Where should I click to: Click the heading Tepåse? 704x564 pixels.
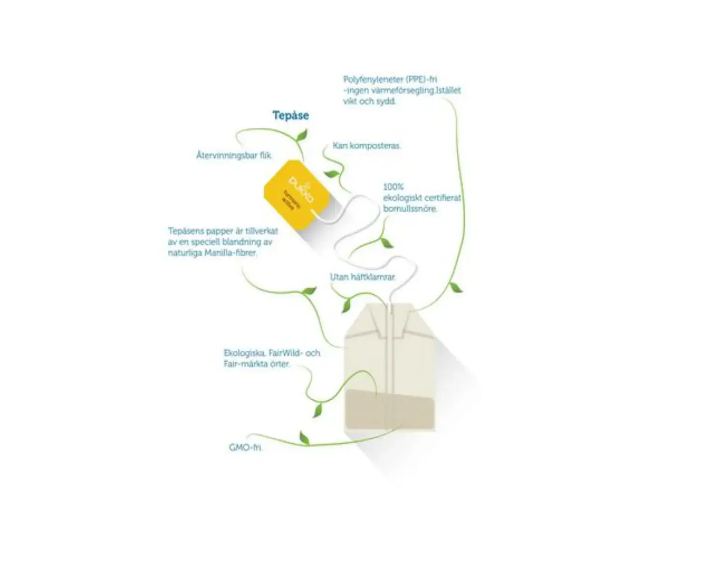[x=290, y=115]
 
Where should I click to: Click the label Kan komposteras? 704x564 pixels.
[x=366, y=146]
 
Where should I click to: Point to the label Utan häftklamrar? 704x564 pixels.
[x=363, y=277]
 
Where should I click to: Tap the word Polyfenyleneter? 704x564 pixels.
[x=370, y=80]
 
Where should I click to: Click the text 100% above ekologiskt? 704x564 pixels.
[x=393, y=187]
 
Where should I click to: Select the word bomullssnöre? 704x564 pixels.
[x=410, y=209]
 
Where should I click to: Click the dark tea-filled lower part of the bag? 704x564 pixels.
[x=391, y=411]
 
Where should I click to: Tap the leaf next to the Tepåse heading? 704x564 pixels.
[x=302, y=136]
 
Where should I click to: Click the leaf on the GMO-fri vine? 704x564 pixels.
[x=304, y=439]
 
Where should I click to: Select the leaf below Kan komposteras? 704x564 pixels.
[x=332, y=174]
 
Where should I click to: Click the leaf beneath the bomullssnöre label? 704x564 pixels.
[x=386, y=242]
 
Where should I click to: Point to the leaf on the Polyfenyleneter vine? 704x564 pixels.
[x=456, y=288]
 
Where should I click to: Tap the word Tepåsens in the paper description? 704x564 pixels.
[x=185, y=231]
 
